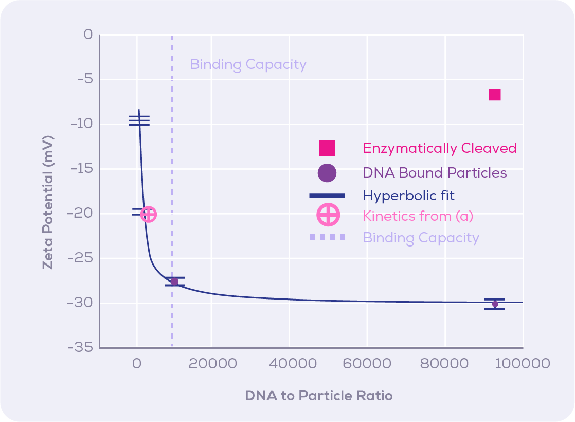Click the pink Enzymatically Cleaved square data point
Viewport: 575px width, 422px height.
point(494,95)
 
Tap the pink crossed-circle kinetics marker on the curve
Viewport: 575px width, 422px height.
point(148,214)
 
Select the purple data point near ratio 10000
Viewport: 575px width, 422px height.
point(174,282)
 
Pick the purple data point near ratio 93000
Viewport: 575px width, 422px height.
point(495,304)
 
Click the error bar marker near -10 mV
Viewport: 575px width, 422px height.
point(139,120)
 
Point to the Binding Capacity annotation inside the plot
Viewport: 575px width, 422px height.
point(248,65)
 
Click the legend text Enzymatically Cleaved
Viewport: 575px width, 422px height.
point(439,148)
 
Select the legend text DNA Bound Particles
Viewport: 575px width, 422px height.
point(435,173)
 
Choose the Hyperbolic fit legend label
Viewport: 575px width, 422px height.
point(408,196)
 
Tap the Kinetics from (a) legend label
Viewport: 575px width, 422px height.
point(418,216)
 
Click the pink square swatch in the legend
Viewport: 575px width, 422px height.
point(327,148)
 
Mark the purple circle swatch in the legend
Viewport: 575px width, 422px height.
point(327,173)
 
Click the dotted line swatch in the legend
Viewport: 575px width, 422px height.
point(327,237)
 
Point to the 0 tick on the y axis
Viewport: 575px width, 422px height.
point(88,35)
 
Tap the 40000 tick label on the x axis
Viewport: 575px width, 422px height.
point(289,364)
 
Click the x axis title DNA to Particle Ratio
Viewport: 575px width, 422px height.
point(318,396)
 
